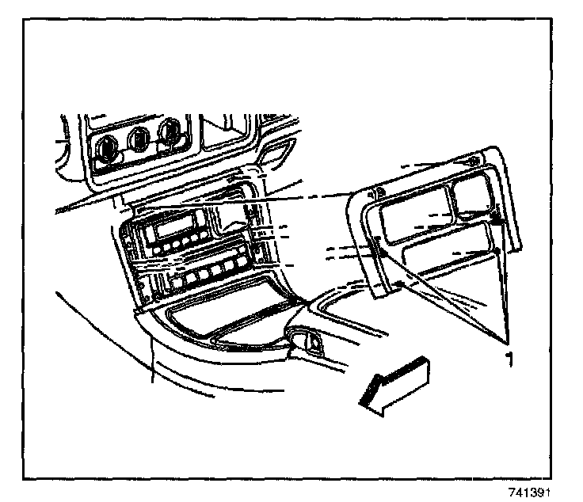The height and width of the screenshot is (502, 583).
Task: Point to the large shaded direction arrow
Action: (x=393, y=385)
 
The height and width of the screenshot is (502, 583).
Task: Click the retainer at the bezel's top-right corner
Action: (x=473, y=162)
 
